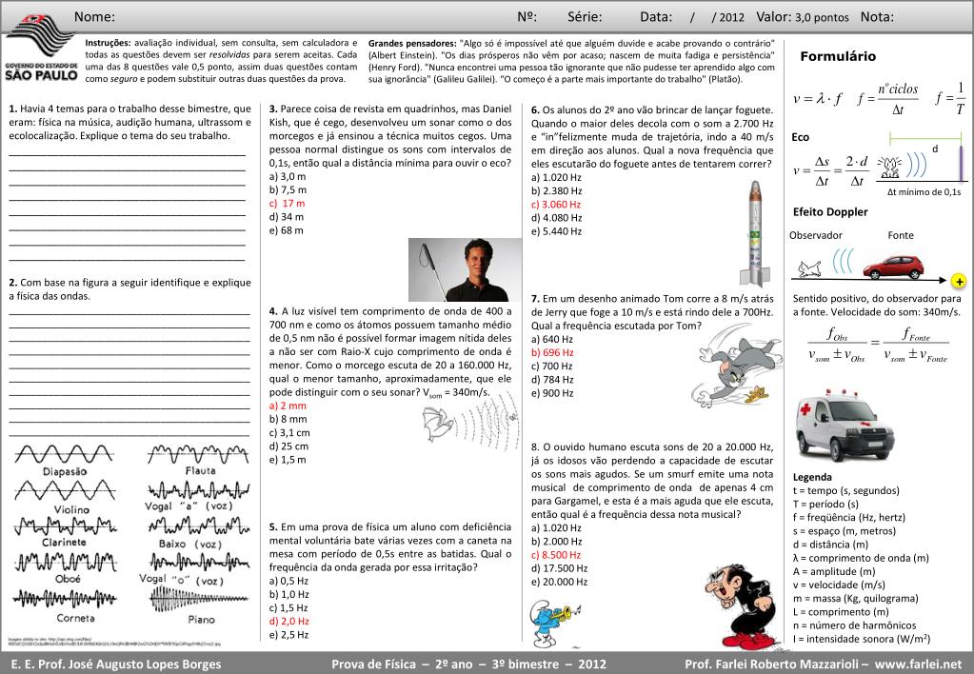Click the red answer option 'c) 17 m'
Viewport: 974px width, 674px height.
[287, 203]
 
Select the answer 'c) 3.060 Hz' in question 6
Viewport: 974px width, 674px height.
[556, 204]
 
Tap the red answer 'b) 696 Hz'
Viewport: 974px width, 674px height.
[552, 352]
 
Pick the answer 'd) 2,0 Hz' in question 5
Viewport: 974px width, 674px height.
[288, 621]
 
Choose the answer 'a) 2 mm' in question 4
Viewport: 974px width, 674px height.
[288, 405]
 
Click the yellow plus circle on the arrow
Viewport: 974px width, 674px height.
[958, 282]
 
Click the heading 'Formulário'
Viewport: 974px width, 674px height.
[838, 57]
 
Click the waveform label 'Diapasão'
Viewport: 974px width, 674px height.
[65, 470]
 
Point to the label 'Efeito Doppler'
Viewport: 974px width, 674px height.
[830, 211]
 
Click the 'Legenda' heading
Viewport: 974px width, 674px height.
[812, 477]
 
